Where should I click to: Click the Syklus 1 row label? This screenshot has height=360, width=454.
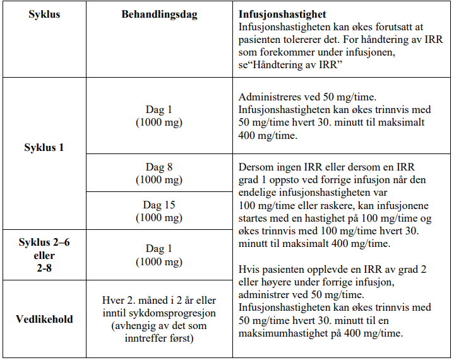44,147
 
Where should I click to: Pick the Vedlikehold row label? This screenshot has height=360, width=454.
44,319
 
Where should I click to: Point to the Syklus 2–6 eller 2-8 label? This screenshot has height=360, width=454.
44,255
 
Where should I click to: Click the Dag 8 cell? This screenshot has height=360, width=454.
159,172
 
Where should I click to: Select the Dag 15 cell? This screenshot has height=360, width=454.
159,211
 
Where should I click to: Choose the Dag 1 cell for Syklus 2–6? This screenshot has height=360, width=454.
159,255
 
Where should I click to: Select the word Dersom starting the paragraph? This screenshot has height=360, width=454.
255,167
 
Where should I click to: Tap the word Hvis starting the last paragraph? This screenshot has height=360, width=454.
249,269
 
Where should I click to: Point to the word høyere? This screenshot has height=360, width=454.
270,282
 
